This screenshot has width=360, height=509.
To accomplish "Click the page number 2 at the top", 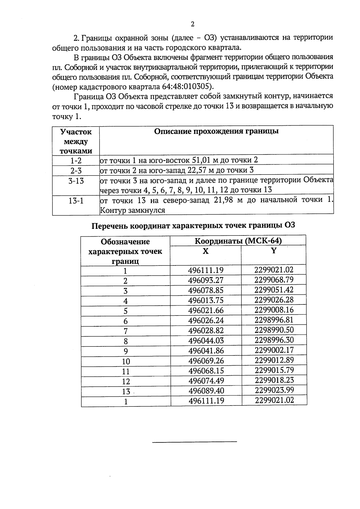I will [x=192, y=24].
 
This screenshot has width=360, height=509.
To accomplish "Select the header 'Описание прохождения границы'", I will [x=216, y=131].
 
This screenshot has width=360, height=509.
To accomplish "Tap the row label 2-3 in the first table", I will [x=76, y=171].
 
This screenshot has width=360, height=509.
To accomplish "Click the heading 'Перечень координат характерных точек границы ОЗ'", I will [x=193, y=225].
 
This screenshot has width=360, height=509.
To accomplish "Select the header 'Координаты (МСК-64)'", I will [x=238, y=241].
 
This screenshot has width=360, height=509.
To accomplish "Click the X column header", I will [x=205, y=251].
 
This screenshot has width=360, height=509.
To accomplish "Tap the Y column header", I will [x=274, y=251].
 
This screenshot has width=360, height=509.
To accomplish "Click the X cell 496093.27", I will [x=206, y=280].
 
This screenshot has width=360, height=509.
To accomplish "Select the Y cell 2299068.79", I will [x=274, y=280].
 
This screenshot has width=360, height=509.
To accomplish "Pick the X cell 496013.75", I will [x=206, y=301].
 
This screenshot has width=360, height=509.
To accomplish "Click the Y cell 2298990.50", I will [x=274, y=330].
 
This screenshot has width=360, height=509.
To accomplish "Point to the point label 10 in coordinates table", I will [x=126, y=361].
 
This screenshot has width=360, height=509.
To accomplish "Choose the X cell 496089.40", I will [x=206, y=391].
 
